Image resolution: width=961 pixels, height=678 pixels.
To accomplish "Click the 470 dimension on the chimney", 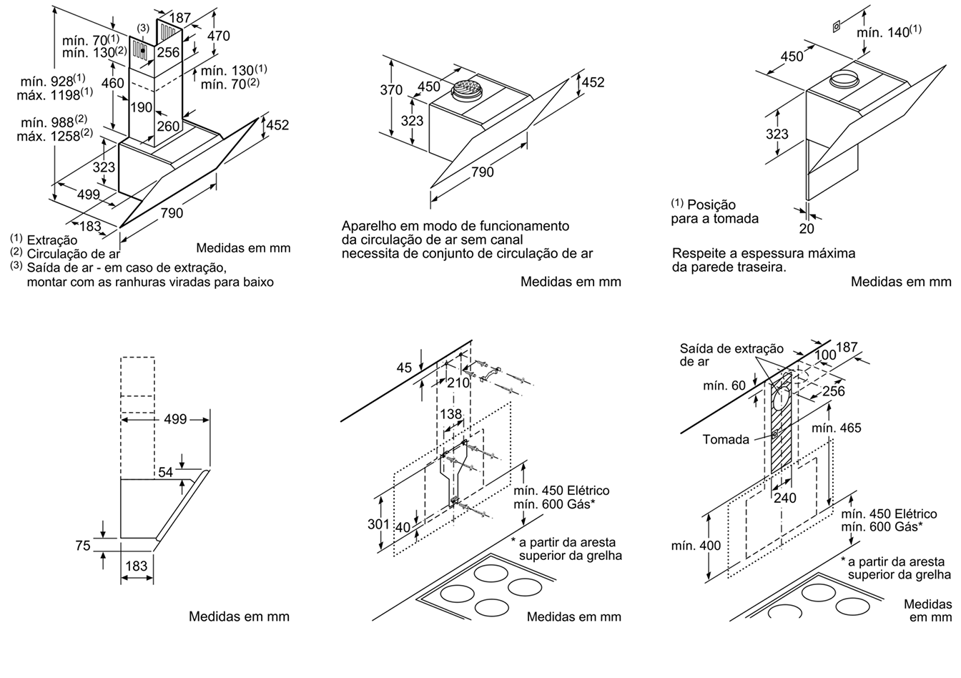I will point(218,36).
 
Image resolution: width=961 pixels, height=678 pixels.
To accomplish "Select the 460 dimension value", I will point(112,83).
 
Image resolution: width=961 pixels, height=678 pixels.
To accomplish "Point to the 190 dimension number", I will point(142,107).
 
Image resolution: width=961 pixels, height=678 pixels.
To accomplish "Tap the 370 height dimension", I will point(391,90).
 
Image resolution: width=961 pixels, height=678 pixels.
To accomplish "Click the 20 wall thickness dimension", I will point(807,229).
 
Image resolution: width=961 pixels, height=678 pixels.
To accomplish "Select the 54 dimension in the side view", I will point(165,472).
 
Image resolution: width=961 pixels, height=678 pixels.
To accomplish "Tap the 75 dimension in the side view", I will point(82,546).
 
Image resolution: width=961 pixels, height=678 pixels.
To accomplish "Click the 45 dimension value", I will point(404,368).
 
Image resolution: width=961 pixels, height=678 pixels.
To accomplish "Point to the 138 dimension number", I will point(450,415).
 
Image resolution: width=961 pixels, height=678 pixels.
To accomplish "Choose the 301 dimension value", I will point(378,524).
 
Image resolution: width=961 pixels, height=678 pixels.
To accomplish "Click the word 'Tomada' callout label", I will point(726,439).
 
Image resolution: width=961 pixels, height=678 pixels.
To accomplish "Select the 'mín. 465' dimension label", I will point(837,428).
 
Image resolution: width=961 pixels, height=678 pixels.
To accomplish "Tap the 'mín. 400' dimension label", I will point(696,546).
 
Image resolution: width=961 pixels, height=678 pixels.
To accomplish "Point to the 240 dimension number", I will point(785,498).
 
